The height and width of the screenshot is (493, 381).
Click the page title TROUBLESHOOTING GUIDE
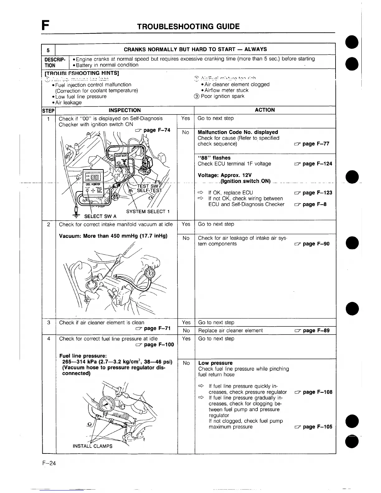click(x=188, y=26)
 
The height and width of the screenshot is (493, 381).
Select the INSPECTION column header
click(x=125, y=110)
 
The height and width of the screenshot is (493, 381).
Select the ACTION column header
click(x=265, y=110)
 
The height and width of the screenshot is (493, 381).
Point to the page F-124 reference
click(x=313, y=164)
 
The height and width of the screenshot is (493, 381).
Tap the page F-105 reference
click(x=313, y=427)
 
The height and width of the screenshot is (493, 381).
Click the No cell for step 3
click(x=186, y=331)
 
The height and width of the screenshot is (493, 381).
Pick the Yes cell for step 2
click(x=186, y=224)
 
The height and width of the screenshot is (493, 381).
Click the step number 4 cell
click(x=49, y=339)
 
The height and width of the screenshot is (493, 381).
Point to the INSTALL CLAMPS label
click(x=92, y=446)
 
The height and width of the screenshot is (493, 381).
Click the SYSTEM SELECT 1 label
click(x=148, y=212)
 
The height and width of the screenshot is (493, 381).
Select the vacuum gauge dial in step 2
click(x=150, y=273)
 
